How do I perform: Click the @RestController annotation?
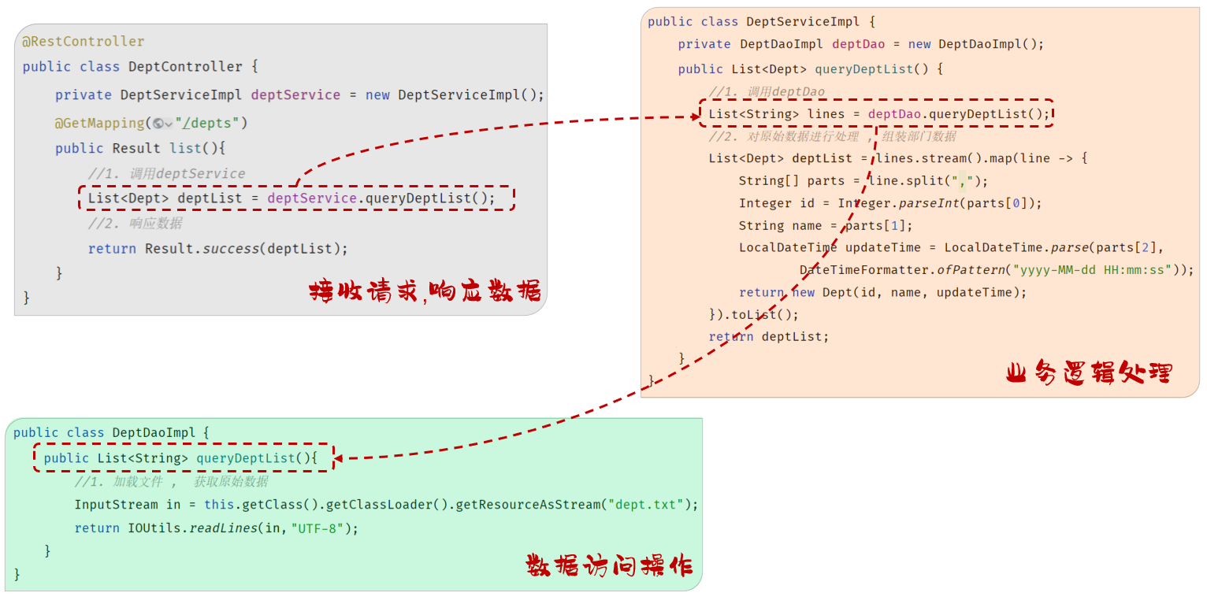(x=83, y=42)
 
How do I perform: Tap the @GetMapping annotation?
(x=99, y=123)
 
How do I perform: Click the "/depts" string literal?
(x=211, y=123)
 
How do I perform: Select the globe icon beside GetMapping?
(x=159, y=124)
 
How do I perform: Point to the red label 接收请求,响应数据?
(x=425, y=291)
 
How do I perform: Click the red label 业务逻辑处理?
(x=1090, y=372)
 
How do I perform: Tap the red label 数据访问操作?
(x=610, y=565)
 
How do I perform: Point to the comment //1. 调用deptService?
(x=166, y=173)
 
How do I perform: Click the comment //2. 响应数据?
(x=135, y=223)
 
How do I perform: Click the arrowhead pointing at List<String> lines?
(x=693, y=117)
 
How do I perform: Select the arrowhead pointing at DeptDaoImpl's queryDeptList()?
(x=342, y=457)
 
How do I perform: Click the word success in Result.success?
(x=231, y=249)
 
